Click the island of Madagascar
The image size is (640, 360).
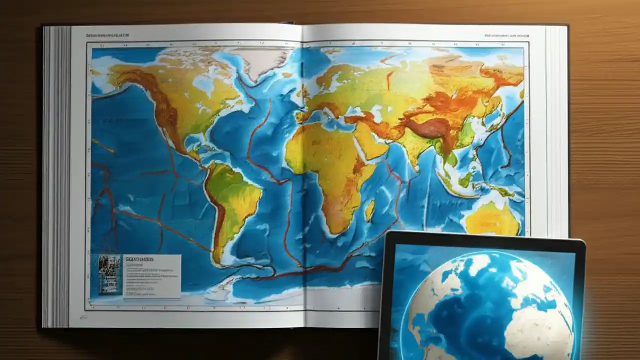pos(370,210)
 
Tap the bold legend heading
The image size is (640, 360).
pos(140,260)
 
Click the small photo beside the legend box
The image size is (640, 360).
pos(109,275)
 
